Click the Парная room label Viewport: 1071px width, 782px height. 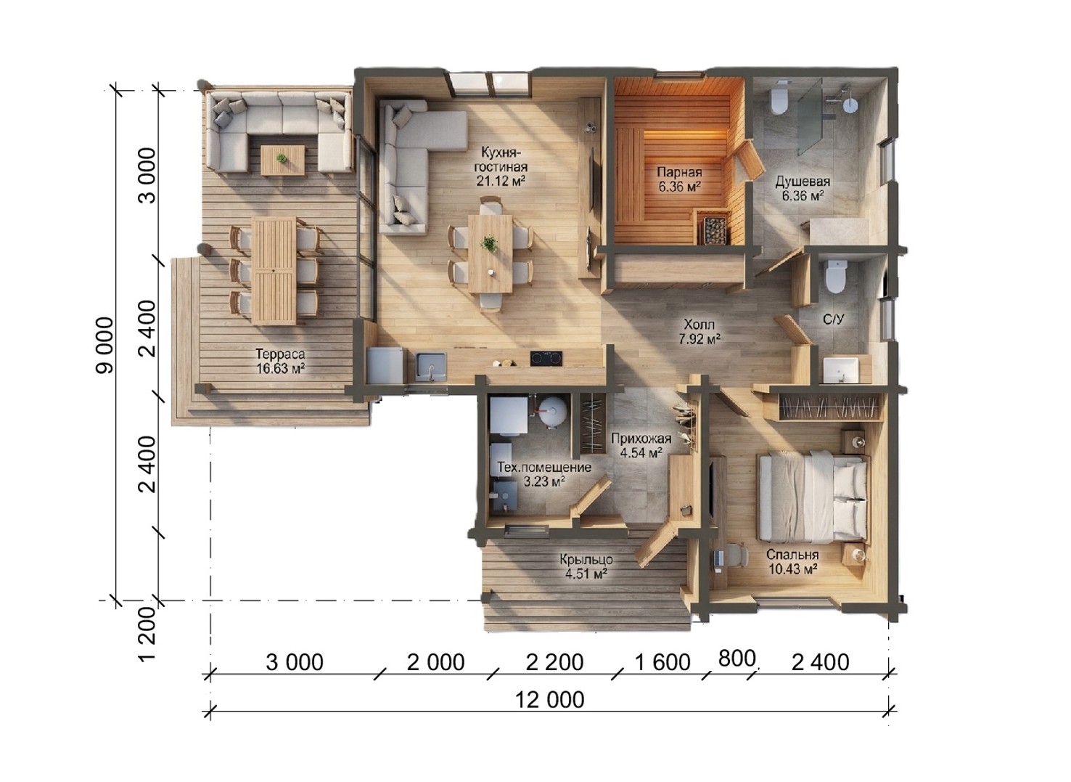point(679,172)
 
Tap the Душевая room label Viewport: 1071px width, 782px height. point(803,182)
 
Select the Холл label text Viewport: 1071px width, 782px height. point(699,325)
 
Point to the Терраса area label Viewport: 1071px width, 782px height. point(280,354)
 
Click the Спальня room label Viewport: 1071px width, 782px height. point(792,555)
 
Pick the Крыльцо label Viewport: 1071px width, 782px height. point(587,560)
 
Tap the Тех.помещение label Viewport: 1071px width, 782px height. point(544,467)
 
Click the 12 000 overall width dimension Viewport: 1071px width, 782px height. point(549,700)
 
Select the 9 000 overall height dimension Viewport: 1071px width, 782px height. point(105,345)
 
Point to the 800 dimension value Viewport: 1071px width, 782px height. point(736,659)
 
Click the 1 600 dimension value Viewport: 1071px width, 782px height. point(662,662)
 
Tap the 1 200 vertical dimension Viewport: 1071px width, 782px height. point(148,634)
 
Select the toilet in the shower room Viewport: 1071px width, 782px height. point(779,99)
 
